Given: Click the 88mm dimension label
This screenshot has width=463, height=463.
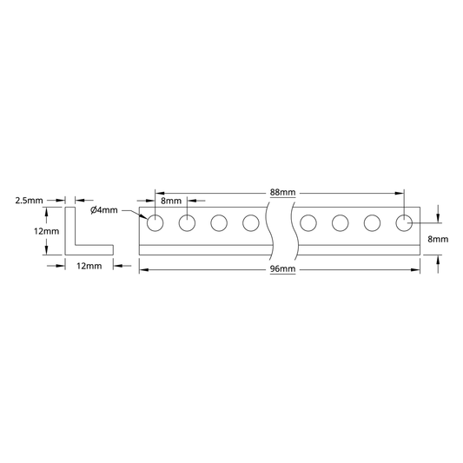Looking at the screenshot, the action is coord(282,193).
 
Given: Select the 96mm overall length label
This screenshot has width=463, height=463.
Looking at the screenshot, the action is coord(282,269).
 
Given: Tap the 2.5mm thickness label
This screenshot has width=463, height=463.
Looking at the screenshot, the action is coord(29,201).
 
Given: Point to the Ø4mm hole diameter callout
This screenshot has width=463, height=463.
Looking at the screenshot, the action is coord(104,210).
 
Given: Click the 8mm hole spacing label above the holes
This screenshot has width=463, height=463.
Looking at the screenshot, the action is coord(171,201).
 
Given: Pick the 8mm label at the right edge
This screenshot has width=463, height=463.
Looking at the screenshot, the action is coord(438,239).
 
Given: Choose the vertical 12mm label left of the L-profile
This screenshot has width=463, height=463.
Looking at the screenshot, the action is coord(46,231).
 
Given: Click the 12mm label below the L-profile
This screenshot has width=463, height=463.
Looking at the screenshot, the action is coord(89,266).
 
